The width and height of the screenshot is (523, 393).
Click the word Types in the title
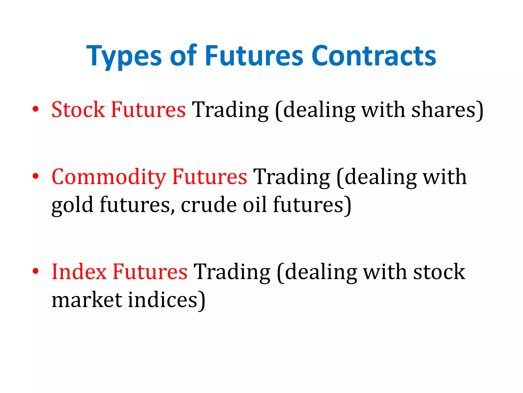[x=124, y=56]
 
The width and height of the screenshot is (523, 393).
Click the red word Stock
[x=78, y=110]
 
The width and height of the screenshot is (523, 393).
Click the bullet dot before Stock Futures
[x=36, y=109]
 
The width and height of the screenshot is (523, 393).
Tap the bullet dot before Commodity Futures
[x=36, y=176]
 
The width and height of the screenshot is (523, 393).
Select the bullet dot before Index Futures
[x=36, y=271]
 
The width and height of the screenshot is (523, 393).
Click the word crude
[x=209, y=205]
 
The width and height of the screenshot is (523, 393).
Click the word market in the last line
[x=87, y=300]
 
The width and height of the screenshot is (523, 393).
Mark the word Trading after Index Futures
[x=232, y=272]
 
